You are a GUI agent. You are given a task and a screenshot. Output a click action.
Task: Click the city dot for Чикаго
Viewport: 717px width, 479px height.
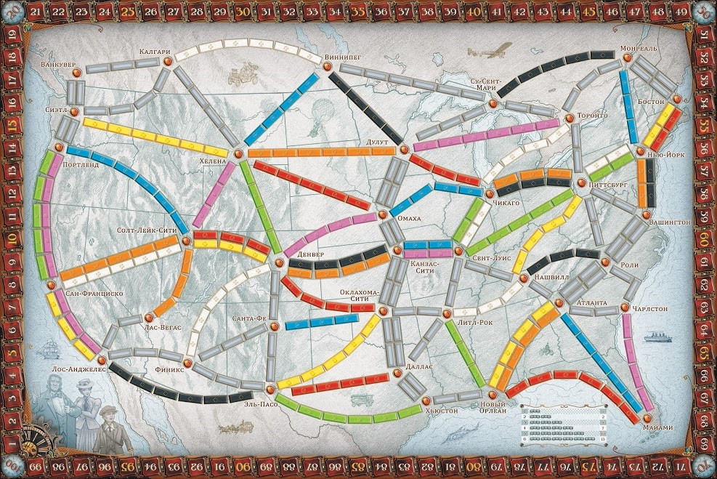pyautogui.click(x=488, y=193)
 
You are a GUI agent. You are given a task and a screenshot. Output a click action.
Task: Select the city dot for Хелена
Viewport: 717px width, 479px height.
pyautogui.click(x=237, y=152)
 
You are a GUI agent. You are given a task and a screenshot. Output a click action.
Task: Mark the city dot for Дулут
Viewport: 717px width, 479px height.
pyautogui.click(x=404, y=150)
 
